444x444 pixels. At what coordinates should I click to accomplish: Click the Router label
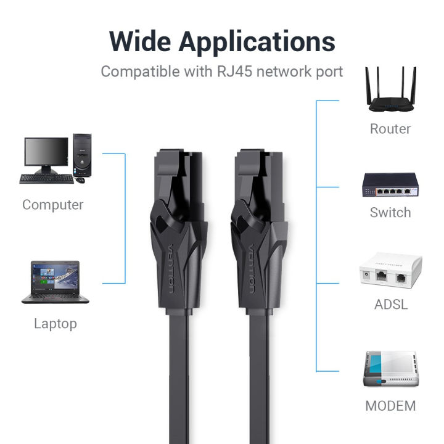tap(390, 129)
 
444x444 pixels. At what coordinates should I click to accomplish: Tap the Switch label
tap(390, 213)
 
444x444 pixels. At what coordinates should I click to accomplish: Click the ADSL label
tap(390, 305)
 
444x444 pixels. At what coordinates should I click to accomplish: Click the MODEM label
tap(390, 406)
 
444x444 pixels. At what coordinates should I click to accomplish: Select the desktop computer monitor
tap(46, 153)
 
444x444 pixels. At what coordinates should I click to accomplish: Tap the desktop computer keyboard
tap(46, 179)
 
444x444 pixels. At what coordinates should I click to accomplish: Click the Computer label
tap(53, 205)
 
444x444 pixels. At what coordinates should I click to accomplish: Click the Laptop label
tap(55, 324)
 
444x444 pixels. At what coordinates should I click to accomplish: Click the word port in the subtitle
tap(329, 72)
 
